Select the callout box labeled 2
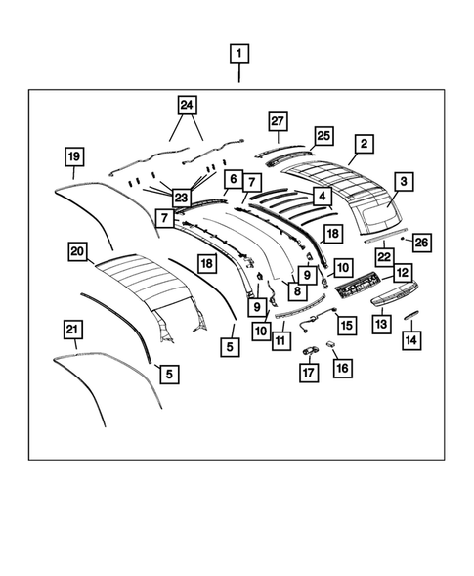coord(363,145)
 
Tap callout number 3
coord(403,181)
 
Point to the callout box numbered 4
coord(318,197)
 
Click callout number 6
coord(232,179)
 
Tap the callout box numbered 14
coord(410,338)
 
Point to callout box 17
coord(308,371)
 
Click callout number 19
coord(72,156)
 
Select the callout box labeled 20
coord(77,251)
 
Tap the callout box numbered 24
coord(187,104)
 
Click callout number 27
coord(279,121)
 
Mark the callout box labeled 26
coord(421,242)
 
